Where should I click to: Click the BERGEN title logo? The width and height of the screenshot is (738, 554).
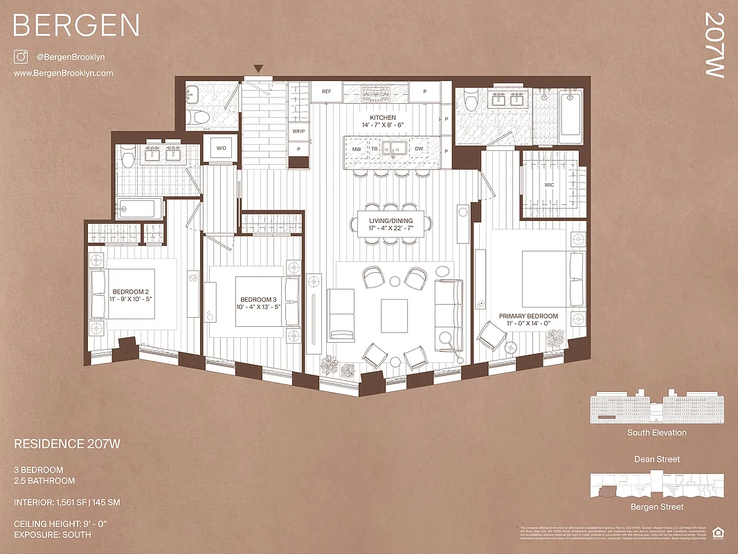coord(76,26)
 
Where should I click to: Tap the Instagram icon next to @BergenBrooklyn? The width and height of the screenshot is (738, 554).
coord(20,57)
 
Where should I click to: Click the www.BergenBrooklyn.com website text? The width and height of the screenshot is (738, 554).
coord(63,73)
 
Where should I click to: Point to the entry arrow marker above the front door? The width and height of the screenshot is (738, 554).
coord(258,69)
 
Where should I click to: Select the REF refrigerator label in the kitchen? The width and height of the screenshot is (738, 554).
coord(326,91)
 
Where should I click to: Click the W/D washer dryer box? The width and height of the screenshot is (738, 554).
coord(222,148)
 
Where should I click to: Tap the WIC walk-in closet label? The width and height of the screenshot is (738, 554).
coord(549,185)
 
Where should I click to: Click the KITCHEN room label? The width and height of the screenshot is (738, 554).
coord(383,118)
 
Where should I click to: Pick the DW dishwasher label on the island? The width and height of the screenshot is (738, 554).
coord(420,149)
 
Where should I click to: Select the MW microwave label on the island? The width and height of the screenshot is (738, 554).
coord(357,149)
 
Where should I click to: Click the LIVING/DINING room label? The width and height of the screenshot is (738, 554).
coord(391,221)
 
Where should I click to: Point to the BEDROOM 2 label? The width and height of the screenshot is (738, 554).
coord(131,292)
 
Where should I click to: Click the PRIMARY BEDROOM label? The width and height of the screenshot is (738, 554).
coord(528,316)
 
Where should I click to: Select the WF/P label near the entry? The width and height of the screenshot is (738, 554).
coord(298,131)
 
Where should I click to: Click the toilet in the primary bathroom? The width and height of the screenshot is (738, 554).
coord(472,102)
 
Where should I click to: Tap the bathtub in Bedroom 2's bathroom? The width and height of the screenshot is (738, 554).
coord(139,207)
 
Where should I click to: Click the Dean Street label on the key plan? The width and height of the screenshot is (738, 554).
coord(657,459)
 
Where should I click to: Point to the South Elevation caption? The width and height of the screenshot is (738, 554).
coord(657,433)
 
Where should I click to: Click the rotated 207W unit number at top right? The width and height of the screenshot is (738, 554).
coord(713,45)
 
